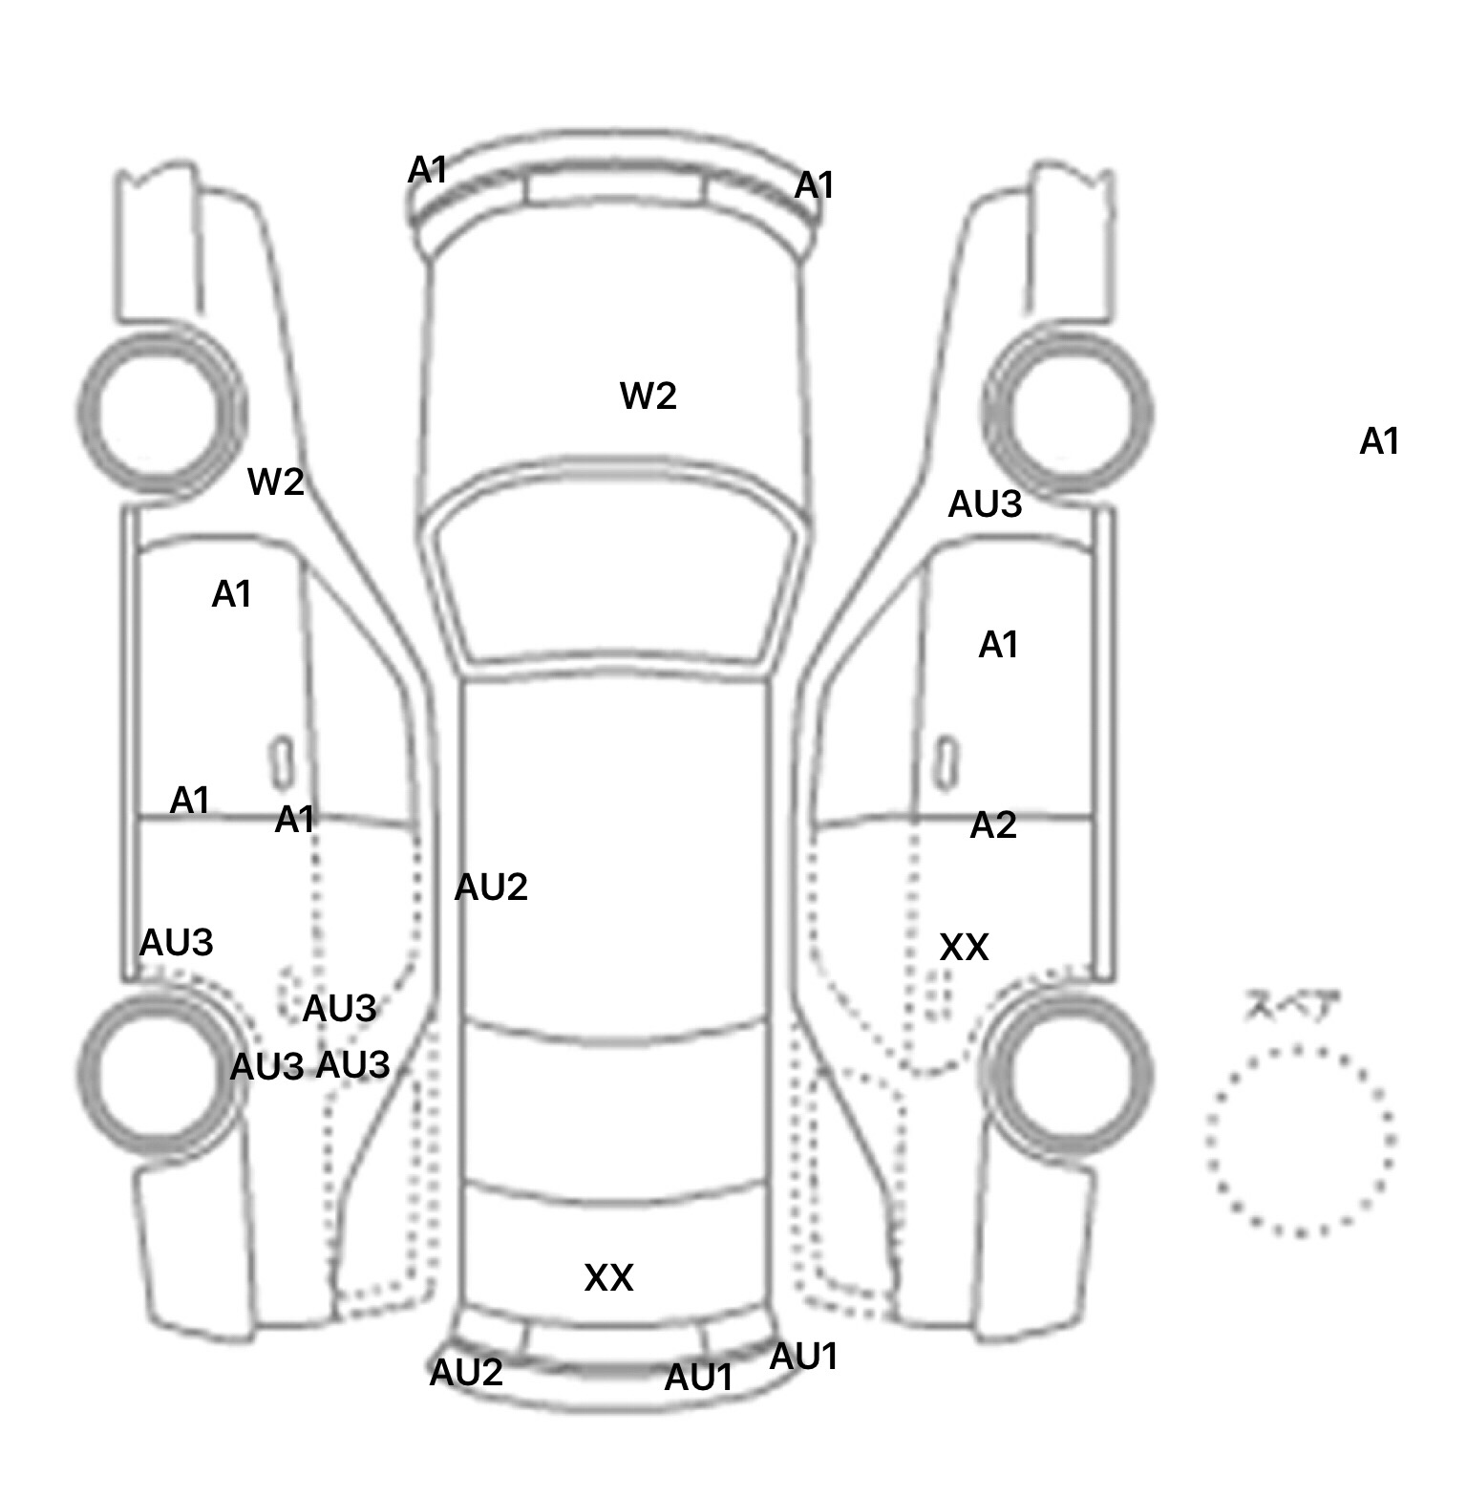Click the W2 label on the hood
[x=648, y=396]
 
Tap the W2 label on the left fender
[x=276, y=481]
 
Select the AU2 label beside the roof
[x=491, y=888]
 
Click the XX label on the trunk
[x=608, y=1277]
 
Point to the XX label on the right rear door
[x=964, y=947]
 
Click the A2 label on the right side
[x=993, y=825]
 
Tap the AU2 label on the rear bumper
[x=466, y=1373]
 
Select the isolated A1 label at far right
[x=1379, y=441]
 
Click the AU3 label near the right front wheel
[x=985, y=504]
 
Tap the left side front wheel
[x=160, y=413]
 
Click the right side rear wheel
[x=1068, y=1070]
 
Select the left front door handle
[x=281, y=761]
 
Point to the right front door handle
[x=946, y=761]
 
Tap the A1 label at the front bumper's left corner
[x=427, y=171]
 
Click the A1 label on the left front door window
[x=231, y=594]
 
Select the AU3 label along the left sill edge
[x=177, y=943]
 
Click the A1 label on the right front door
[x=998, y=646]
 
